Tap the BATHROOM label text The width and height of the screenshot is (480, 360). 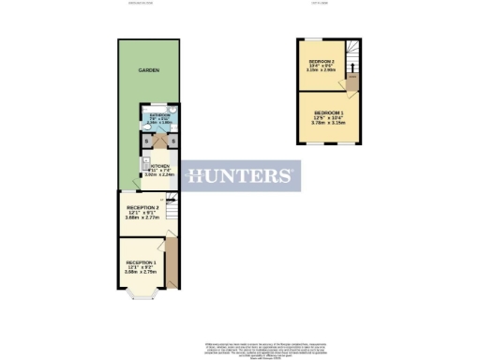click(x=159, y=114)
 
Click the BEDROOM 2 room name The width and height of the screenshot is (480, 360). click(x=322, y=63)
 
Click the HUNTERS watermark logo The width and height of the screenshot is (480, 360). click(x=240, y=175)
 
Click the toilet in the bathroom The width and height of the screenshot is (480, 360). click(x=175, y=113)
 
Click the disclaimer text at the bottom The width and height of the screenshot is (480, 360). click(x=240, y=347)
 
